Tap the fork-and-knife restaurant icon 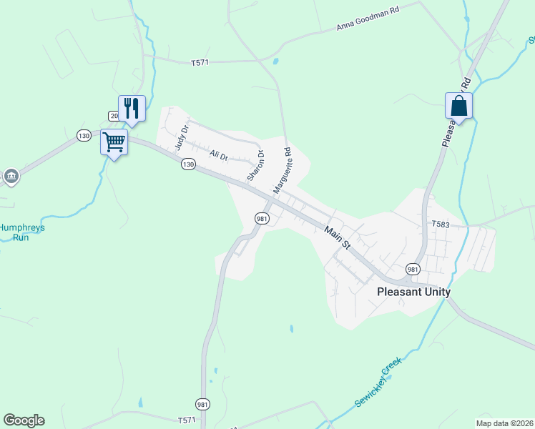[x=132, y=109]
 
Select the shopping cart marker [x=114, y=142]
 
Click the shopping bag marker [x=458, y=107]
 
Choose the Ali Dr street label [x=218, y=155]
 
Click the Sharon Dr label [x=255, y=165]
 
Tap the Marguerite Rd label [x=283, y=170]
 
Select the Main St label [x=337, y=237]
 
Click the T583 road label [x=440, y=225]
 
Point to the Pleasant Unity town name [x=413, y=292]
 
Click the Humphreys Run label [x=22, y=232]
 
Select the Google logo [x=24, y=420]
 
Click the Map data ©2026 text [x=504, y=423]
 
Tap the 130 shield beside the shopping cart [x=84, y=135]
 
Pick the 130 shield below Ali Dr [x=187, y=164]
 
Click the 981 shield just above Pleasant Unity [x=413, y=269]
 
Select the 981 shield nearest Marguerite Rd [x=262, y=219]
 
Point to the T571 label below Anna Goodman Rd [x=200, y=63]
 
